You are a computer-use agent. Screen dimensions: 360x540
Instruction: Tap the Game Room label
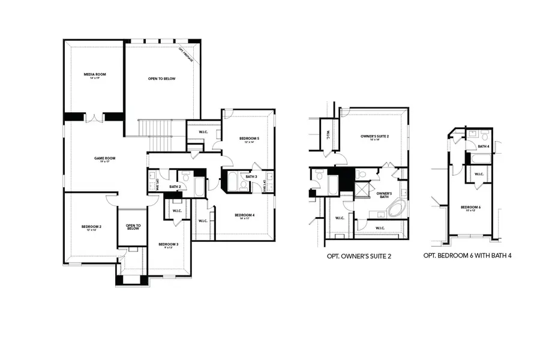click(104, 159)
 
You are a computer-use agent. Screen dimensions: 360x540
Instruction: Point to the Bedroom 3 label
click(168, 245)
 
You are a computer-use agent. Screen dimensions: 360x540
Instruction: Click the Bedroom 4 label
click(245, 216)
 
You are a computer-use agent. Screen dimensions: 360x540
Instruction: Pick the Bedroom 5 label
click(249, 140)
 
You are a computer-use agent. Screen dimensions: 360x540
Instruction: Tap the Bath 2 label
click(175, 187)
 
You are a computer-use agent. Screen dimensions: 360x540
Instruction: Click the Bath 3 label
click(251, 176)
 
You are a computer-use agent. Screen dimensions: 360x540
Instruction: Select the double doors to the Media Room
click(94, 118)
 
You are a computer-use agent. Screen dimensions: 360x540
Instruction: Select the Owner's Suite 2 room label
click(375, 137)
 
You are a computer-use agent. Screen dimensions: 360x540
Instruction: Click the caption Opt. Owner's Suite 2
click(359, 256)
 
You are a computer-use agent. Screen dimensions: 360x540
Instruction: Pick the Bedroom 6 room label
click(471, 208)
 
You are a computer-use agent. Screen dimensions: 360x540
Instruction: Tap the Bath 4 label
click(484, 146)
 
